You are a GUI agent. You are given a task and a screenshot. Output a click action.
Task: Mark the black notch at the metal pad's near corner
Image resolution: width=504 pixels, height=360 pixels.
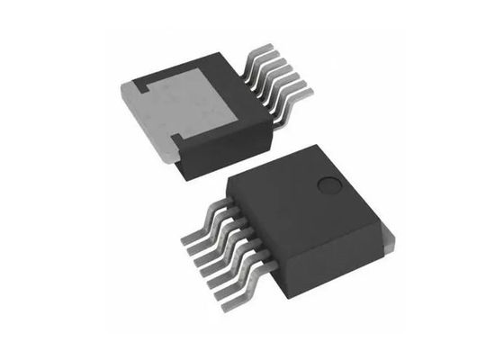[x=176, y=139]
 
